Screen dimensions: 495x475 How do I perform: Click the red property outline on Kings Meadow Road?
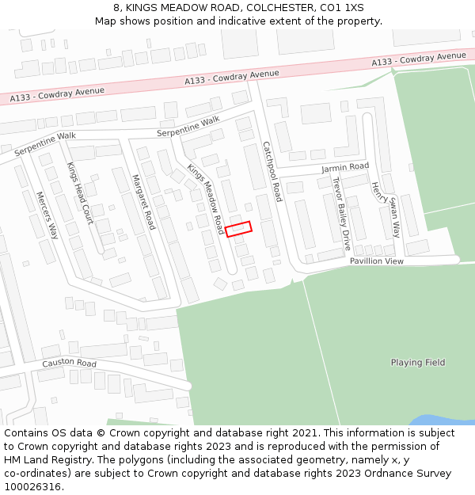coord(238,228)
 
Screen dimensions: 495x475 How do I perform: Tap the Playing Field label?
coord(418,363)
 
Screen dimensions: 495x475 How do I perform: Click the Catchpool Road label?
coord(272,170)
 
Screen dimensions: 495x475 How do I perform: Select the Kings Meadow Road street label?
coord(206,199)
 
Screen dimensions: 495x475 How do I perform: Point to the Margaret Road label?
coord(143,202)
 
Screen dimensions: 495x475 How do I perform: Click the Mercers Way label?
coord(48,215)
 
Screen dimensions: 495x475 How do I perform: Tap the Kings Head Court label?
coord(79,193)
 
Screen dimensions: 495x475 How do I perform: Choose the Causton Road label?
coord(69,364)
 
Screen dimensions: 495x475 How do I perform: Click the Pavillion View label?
coord(377,261)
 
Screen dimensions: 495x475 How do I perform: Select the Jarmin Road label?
coord(345,167)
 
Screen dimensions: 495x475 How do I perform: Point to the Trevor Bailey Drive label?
coord(340,212)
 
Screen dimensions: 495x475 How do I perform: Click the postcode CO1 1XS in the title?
coord(343,7)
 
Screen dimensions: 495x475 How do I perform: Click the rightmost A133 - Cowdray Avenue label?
coord(420,59)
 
